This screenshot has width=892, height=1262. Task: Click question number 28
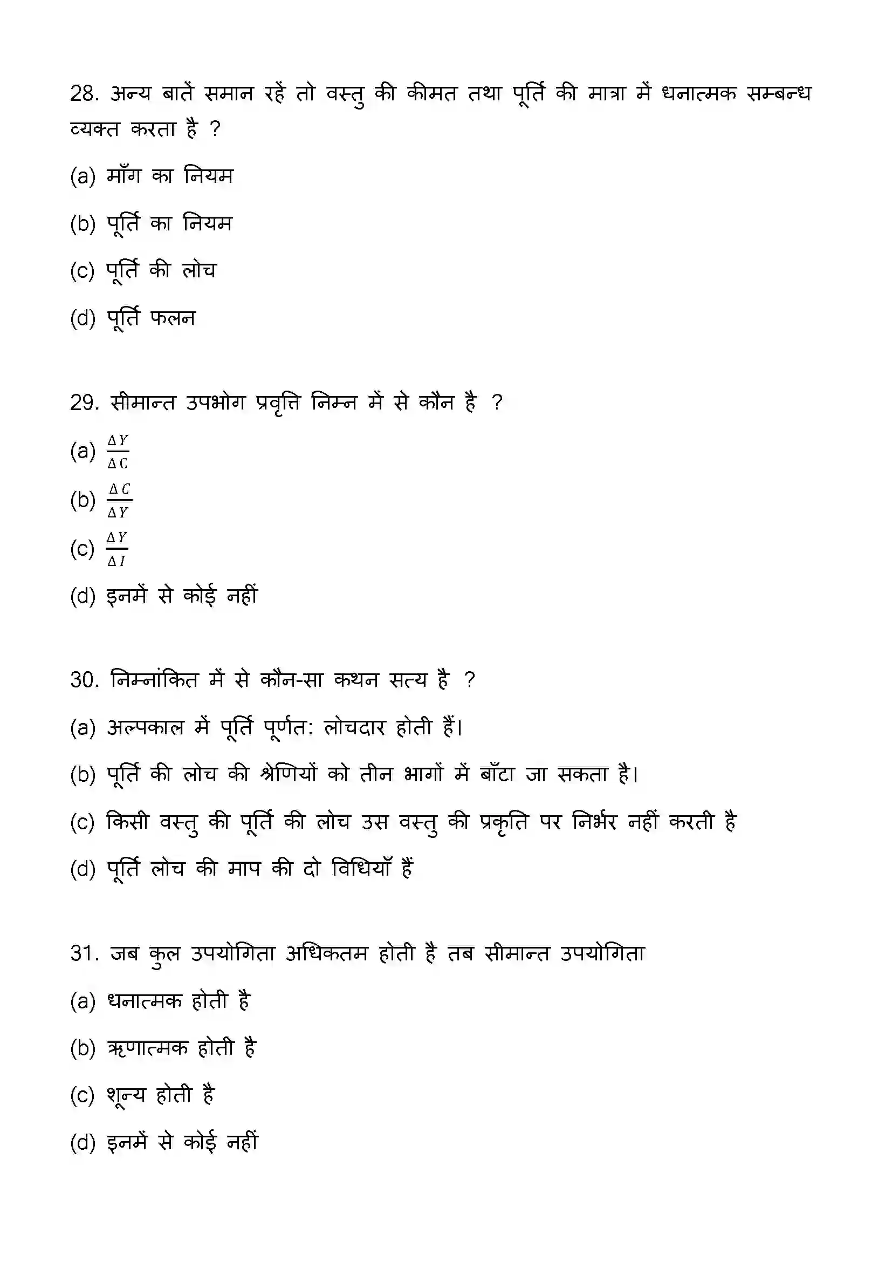(x=84, y=94)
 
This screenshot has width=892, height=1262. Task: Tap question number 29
(x=84, y=403)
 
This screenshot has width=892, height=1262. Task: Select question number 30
(x=84, y=680)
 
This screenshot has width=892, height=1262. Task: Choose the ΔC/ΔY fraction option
(x=119, y=500)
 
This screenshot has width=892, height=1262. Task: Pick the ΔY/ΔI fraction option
(x=117, y=549)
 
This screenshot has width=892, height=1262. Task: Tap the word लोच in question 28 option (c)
(x=200, y=270)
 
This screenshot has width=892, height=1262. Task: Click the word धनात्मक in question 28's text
(x=698, y=94)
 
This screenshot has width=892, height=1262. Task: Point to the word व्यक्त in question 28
(x=94, y=129)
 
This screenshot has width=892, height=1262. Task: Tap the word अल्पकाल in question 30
(x=145, y=727)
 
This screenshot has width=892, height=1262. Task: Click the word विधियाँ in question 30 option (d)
(x=361, y=869)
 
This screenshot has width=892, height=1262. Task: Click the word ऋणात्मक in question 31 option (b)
(x=148, y=1048)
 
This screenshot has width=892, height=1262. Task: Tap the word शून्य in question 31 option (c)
(x=126, y=1095)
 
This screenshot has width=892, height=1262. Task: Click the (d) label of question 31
(x=83, y=1143)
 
